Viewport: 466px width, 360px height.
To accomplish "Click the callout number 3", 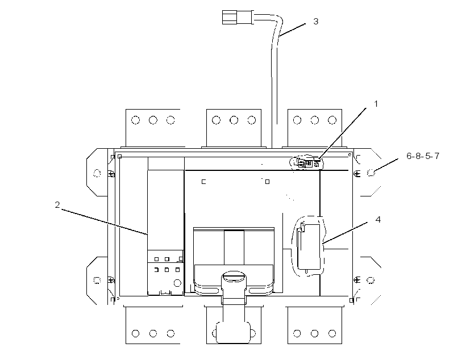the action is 315,22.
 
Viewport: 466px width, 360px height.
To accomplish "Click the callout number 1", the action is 376,104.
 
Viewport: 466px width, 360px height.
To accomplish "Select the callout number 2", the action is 57,204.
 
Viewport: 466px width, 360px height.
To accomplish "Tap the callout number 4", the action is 378,220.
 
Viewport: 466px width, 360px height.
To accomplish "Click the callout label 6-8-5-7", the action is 423,156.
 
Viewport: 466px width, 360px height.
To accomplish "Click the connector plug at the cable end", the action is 230,17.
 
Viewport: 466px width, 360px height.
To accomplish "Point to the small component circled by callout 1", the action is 307,163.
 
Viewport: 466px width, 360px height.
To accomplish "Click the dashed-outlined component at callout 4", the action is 309,246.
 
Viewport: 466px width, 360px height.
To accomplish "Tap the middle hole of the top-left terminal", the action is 153,120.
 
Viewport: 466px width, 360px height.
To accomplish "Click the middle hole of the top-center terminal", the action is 234,120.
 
